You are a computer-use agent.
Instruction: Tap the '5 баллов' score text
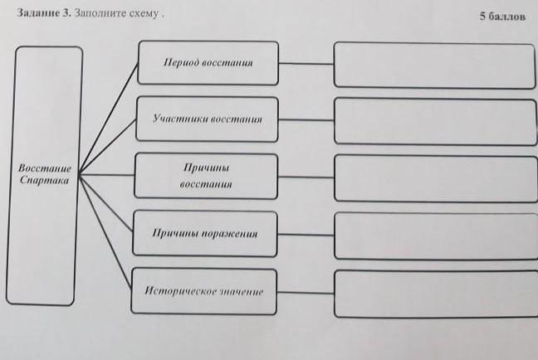coord(503,16)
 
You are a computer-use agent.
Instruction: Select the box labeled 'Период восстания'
coord(207,62)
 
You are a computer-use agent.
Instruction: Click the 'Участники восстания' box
coord(207,119)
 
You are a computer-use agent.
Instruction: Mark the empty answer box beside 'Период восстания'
coord(434,65)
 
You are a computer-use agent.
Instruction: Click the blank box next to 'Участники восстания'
coord(434,122)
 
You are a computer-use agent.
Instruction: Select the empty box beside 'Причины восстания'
coord(434,178)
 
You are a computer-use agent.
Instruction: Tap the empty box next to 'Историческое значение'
coord(434,293)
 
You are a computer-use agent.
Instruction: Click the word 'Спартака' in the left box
coord(46,179)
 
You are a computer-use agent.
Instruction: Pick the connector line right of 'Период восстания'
coord(306,63)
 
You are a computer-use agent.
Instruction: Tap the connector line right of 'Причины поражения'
coord(306,235)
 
